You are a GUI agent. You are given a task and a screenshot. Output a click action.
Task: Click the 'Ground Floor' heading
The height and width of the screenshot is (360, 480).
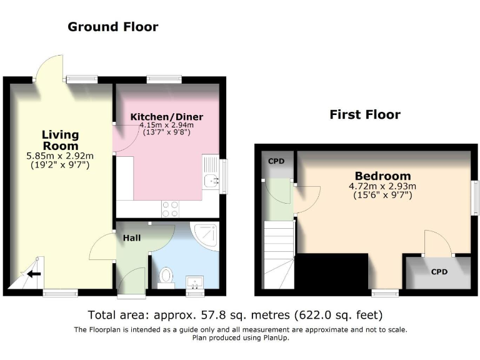coord(112,26)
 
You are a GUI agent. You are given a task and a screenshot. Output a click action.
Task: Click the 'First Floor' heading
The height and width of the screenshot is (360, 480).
coord(365,114)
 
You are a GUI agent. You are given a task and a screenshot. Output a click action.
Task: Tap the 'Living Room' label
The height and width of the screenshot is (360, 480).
coord(60,139)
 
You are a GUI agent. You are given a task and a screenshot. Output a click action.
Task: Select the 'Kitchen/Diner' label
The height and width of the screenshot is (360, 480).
coord(166,117)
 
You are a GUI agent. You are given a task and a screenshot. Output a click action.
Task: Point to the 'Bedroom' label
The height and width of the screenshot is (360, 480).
coord(382,176)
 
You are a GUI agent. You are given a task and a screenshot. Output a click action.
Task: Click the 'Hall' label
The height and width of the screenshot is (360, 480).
coord(131,238)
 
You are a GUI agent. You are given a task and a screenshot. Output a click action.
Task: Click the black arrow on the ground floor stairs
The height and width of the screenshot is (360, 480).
coord(33,273)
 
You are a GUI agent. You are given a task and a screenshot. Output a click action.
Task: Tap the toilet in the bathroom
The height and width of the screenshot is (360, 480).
coord(166,276)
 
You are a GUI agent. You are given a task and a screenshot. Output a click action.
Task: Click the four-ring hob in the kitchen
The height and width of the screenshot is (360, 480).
coord(169,209)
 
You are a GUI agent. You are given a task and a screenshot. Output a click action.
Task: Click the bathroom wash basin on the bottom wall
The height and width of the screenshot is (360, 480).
coord(195,282)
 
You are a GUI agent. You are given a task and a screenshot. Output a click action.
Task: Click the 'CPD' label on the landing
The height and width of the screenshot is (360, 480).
coord(276,161)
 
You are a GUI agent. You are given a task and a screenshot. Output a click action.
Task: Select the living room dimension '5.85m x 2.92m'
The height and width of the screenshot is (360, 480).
coord(60,156)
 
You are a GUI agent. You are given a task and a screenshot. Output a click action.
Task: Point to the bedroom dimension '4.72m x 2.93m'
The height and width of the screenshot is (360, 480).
coord(382,186)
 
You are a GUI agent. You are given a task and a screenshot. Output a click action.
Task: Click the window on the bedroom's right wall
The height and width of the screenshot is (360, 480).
coord(475,196)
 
